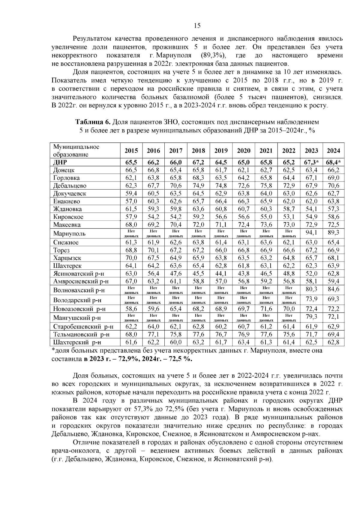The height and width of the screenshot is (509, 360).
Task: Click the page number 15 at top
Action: pyautogui.click(x=197, y=26)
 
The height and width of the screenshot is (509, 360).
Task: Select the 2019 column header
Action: pyautogui.click(x=221, y=151)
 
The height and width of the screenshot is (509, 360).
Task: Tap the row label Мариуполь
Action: pyautogui.click(x=69, y=233)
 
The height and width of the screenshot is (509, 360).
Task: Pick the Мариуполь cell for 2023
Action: pyautogui.click(x=311, y=232)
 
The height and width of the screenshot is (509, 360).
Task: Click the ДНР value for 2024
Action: pyautogui.click(x=333, y=162)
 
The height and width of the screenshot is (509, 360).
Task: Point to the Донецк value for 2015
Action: pyautogui.click(x=131, y=170)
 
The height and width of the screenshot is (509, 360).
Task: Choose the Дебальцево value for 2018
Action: pyautogui.click(x=198, y=186)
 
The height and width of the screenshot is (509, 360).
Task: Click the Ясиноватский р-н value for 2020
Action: pyautogui.click(x=244, y=273)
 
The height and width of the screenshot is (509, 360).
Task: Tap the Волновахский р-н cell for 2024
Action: pyautogui.click(x=333, y=289)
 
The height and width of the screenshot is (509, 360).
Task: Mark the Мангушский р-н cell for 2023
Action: pyautogui.click(x=311, y=317)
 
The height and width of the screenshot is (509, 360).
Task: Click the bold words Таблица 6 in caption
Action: pyautogui.click(x=93, y=122)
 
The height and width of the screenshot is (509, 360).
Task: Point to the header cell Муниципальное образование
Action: pyautogui.click(x=76, y=151)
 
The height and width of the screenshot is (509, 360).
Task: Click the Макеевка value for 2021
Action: pyautogui.click(x=266, y=225)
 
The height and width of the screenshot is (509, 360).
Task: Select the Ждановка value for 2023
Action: pyautogui.click(x=311, y=209)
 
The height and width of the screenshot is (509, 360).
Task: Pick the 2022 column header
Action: pyautogui.click(x=289, y=151)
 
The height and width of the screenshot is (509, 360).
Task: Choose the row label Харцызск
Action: pyautogui.click(x=67, y=258)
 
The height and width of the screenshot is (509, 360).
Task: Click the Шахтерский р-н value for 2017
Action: pyautogui.click(x=176, y=342)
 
